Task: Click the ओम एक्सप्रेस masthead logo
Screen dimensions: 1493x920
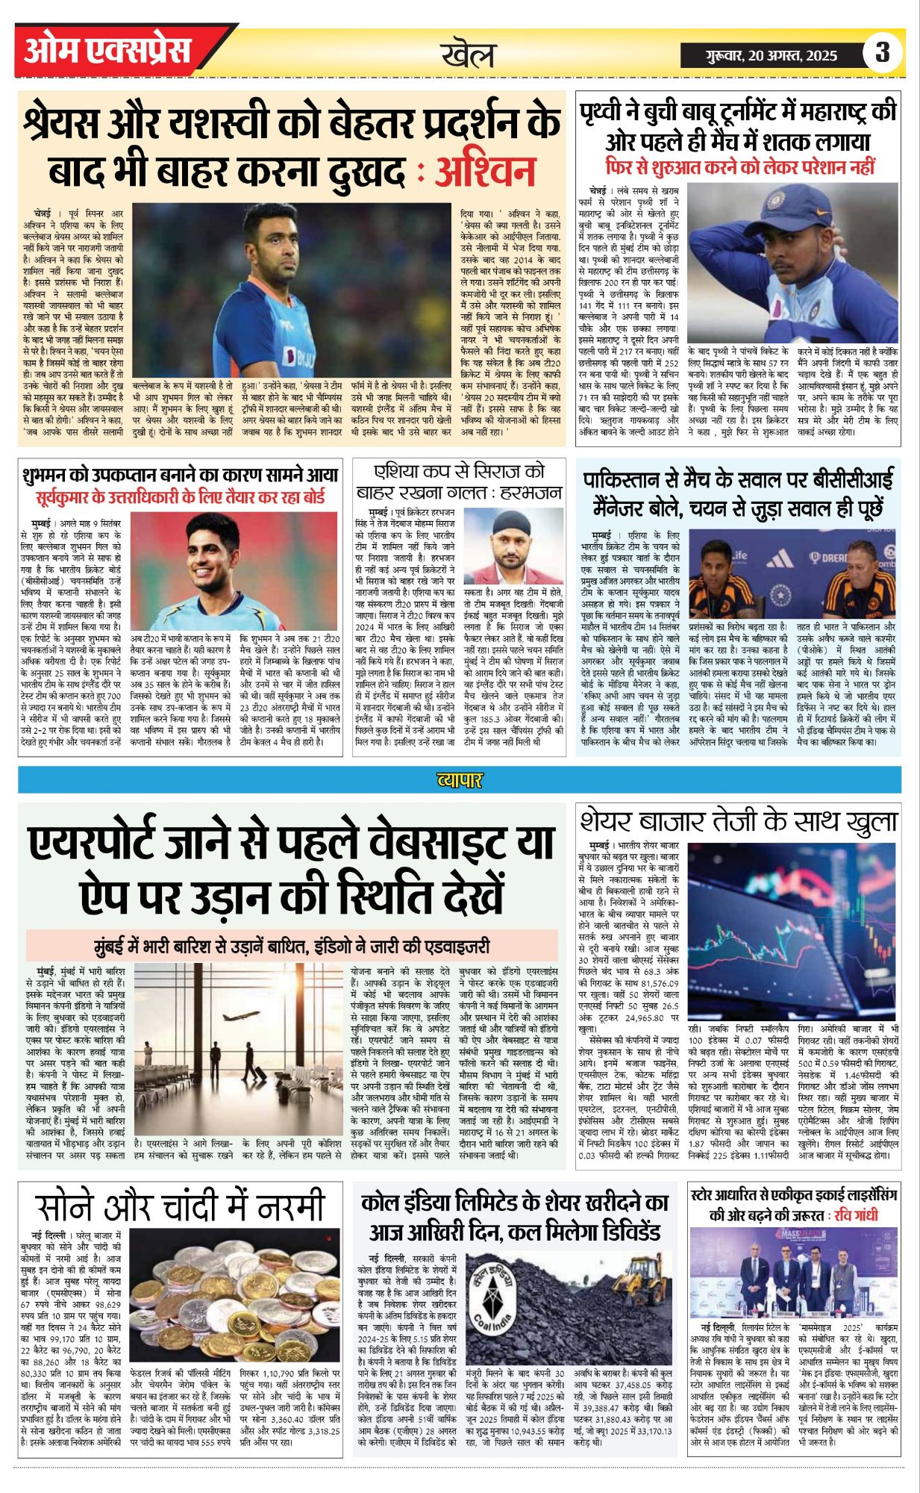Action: [107, 51]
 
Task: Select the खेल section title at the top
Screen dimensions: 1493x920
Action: [468, 54]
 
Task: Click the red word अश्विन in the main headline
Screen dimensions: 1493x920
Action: [485, 172]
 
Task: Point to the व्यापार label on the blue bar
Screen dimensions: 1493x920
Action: [460, 780]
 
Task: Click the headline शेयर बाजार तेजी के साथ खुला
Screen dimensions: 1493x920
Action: [738, 822]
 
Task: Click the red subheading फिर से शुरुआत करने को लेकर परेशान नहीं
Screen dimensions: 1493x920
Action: [739, 166]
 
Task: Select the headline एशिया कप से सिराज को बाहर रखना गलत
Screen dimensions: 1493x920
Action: [459, 482]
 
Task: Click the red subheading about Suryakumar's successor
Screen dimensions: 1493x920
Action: [181, 497]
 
